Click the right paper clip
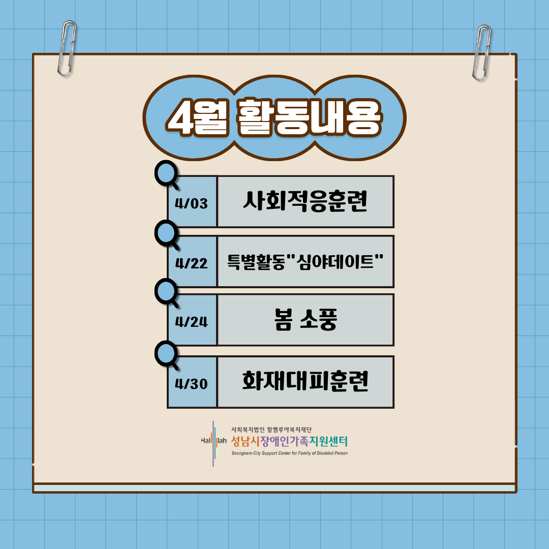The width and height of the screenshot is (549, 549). (x=481, y=52)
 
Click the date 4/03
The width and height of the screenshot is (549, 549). (x=192, y=203)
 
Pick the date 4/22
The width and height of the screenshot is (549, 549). (x=192, y=263)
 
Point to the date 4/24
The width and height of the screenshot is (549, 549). (x=192, y=322)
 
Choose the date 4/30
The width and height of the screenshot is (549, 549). (x=192, y=384)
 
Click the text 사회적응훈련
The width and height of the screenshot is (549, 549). (x=305, y=202)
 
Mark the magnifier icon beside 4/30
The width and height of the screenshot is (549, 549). (x=166, y=355)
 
